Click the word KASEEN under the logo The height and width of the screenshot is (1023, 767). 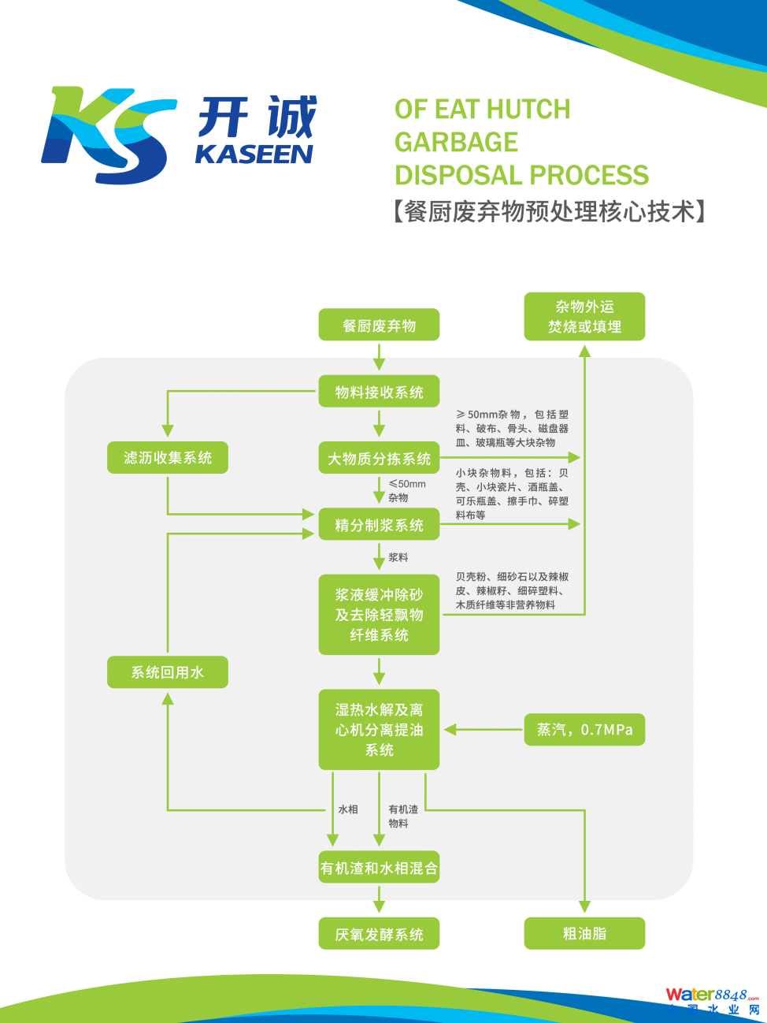pos(254,154)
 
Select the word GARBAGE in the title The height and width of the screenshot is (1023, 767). pos(456,142)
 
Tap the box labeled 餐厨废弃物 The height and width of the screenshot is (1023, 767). pos(379,325)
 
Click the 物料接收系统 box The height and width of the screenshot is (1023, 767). pos(379,392)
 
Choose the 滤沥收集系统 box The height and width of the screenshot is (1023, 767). pos(168,457)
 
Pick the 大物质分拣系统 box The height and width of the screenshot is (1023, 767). pos(379,458)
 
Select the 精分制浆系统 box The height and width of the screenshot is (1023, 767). pos(379,524)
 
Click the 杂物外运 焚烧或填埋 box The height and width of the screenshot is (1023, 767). pos(584,316)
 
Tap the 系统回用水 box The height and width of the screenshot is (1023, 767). pos(168,672)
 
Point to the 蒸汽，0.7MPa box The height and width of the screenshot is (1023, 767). pos(584,730)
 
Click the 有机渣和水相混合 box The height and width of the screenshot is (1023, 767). pos(379,868)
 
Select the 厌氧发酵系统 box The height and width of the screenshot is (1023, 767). pos(379,934)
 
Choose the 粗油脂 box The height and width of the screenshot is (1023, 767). pos(584,933)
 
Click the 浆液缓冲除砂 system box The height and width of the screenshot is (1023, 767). pos(379,615)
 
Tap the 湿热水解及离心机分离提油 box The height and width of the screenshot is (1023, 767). pos(379,730)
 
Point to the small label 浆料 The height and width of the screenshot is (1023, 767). pos(398,557)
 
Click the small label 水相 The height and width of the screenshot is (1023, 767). pos(348,809)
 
